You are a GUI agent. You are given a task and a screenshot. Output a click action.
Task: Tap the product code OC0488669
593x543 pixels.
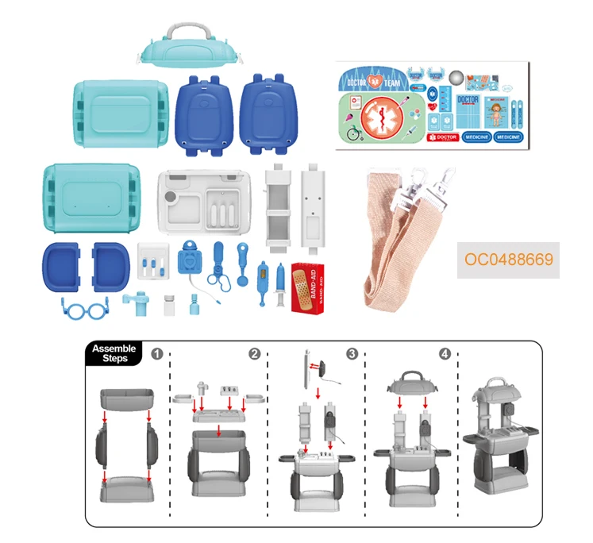pos(508,260)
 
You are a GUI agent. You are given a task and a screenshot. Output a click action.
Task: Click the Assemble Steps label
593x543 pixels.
pos(114,353)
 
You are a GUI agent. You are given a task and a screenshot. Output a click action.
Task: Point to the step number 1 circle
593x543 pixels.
pos(157,354)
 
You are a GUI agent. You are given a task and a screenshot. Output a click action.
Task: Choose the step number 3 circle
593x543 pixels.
pos(352,354)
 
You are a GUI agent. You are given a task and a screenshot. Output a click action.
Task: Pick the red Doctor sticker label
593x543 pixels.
pos(437,137)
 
